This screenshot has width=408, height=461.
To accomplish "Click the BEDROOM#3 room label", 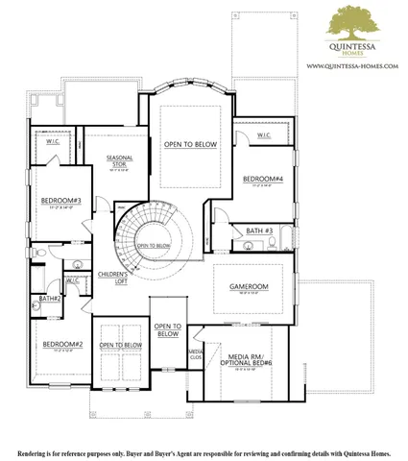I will click(x=60, y=201).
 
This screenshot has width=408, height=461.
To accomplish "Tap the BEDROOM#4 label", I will click(x=262, y=180).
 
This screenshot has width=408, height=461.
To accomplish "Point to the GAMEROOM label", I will click(x=248, y=287).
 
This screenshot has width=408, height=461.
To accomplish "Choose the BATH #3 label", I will click(x=259, y=230).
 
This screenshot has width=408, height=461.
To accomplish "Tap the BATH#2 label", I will click(x=50, y=299).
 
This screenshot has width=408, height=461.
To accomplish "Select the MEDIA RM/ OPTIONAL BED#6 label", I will click(x=248, y=359).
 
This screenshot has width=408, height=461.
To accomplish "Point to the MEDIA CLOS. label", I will click(x=195, y=355).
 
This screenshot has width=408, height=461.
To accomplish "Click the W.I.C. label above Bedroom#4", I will click(x=263, y=136).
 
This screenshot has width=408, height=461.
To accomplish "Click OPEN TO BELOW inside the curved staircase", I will click(x=154, y=246).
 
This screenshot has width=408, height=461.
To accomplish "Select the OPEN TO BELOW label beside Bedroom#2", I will click(x=121, y=345).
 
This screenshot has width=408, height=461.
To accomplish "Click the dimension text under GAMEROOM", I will click(x=248, y=295).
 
